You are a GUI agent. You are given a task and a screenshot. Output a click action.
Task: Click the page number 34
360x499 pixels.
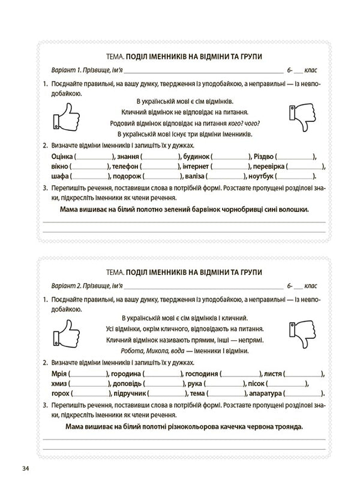click(24, 468)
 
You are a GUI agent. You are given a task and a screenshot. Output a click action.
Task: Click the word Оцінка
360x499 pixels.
click(58, 156)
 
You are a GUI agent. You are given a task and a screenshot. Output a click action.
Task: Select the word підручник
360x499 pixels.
click(137, 394)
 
